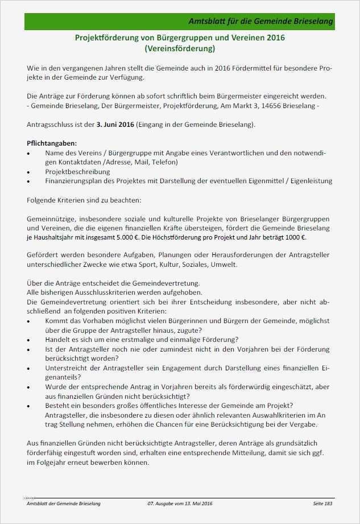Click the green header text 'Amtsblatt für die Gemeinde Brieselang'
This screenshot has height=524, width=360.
[260, 22]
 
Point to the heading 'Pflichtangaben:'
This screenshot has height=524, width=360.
[52, 143]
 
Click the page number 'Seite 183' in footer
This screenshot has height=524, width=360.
[322, 505]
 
